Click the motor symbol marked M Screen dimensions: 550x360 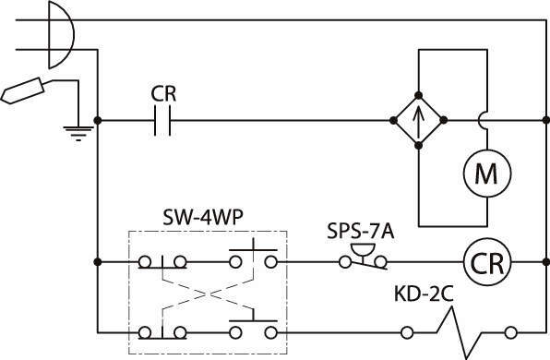487,174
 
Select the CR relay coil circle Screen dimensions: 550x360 487,262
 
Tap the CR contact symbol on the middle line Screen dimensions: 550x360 162,120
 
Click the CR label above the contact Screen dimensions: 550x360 163,93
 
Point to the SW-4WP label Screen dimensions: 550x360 203,218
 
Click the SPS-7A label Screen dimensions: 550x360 361,232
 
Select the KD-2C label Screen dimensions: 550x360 424,294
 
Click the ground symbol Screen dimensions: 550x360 78,133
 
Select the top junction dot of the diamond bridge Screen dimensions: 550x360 418,95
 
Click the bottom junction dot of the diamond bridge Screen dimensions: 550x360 418,146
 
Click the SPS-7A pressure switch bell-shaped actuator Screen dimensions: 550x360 362,250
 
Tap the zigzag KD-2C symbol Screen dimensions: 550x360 460,332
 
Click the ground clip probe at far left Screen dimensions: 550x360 22,90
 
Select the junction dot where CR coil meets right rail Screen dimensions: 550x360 545,262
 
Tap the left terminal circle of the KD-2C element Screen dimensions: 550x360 407,332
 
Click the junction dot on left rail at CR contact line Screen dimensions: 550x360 98,120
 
